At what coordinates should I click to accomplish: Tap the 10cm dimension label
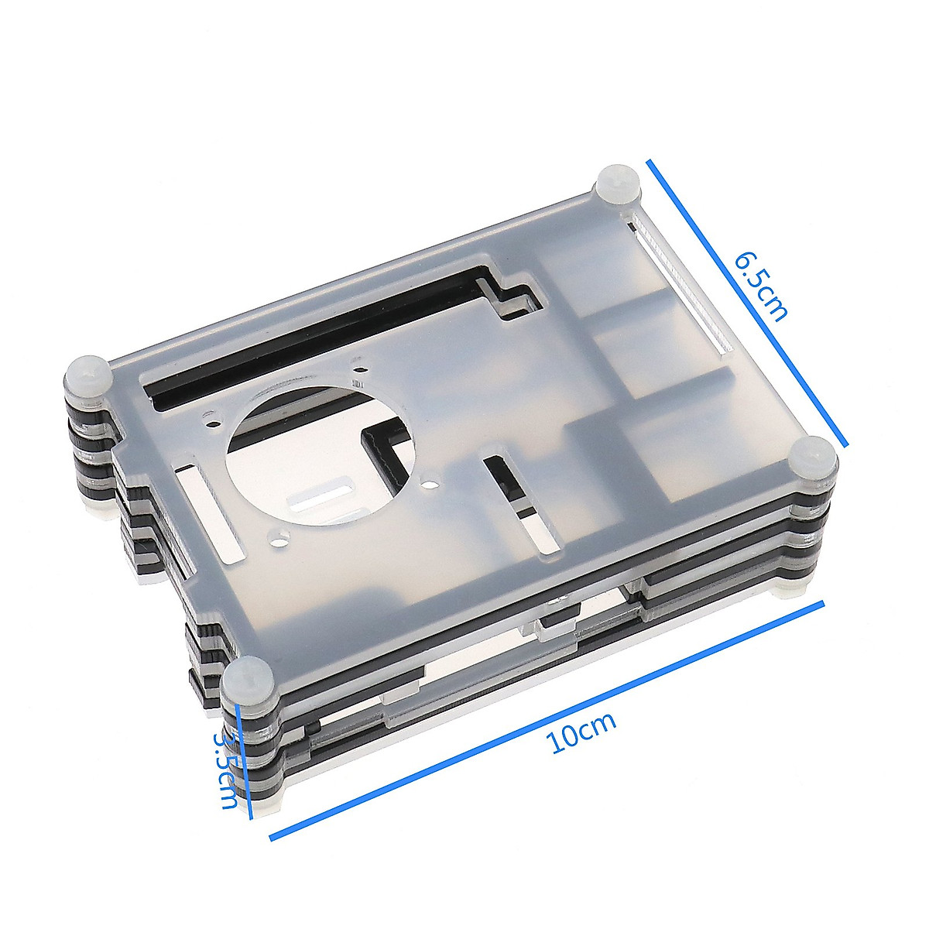[x=582, y=732]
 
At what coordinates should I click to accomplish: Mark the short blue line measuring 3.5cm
[x=245, y=763]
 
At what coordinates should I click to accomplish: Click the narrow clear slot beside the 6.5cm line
[x=681, y=286]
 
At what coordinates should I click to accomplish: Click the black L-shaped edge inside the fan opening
[x=383, y=453]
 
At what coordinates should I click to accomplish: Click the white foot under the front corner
[x=263, y=805]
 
